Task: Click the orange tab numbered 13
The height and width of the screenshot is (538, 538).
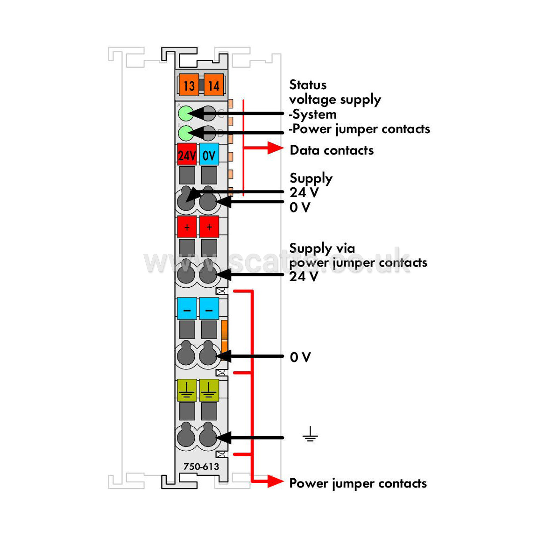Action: click(x=189, y=85)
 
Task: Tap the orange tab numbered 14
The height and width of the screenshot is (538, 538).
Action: click(x=214, y=85)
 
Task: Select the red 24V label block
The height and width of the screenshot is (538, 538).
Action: click(x=187, y=155)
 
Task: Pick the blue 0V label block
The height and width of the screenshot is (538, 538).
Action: click(x=209, y=155)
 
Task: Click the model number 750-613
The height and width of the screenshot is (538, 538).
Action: click(x=201, y=467)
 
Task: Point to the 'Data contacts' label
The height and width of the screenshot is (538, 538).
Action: click(x=332, y=150)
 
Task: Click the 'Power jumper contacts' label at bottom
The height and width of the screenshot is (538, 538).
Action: click(x=358, y=483)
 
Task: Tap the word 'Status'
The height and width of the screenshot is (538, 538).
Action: click(x=308, y=85)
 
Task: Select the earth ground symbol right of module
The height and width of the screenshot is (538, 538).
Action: click(x=310, y=434)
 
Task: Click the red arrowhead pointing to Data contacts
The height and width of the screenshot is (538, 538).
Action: click(x=276, y=148)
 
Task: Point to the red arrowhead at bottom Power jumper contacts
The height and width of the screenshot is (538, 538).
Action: click(x=276, y=481)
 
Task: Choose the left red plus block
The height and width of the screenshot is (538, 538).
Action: click(x=187, y=227)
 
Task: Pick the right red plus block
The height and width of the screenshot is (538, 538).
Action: click(x=209, y=227)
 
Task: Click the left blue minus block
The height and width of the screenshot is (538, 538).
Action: click(x=187, y=308)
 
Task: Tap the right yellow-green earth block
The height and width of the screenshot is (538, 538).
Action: click(x=209, y=390)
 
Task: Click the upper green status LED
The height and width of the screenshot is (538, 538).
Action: click(x=186, y=113)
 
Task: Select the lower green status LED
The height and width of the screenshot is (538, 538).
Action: click(x=186, y=133)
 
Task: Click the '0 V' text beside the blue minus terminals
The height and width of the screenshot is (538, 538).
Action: click(x=300, y=357)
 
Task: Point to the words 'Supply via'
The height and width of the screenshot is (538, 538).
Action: click(x=322, y=248)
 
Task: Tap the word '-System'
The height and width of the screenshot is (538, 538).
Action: click(x=312, y=114)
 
